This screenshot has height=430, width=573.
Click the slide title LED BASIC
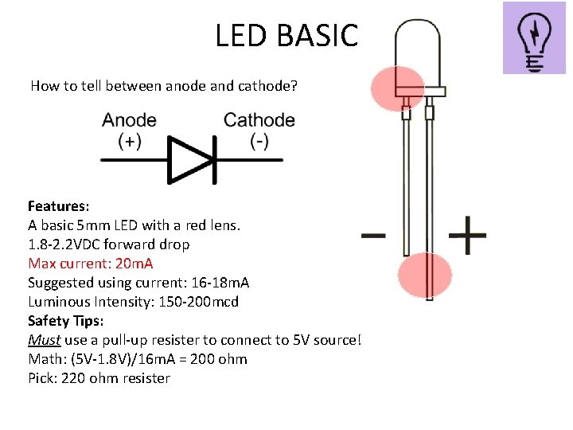pyautogui.click(x=286, y=35)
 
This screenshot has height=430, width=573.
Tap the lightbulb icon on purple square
pyautogui.click(x=533, y=38)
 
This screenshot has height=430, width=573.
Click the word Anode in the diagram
pyautogui.click(x=129, y=120)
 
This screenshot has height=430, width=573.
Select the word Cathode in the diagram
pyautogui.click(x=259, y=120)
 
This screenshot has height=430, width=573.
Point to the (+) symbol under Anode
pyautogui.click(x=130, y=141)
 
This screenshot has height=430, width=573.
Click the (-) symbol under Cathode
pyautogui.click(x=259, y=141)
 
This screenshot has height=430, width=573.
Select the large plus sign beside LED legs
pyautogui.click(x=467, y=236)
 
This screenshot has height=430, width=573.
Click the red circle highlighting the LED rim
pyautogui.click(x=398, y=87)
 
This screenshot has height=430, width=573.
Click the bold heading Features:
pyautogui.click(x=58, y=206)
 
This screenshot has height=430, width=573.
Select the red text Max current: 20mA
pyautogui.click(x=91, y=264)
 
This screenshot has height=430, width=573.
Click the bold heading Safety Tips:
pyautogui.click(x=65, y=321)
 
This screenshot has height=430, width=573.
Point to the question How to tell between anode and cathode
pyautogui.click(x=164, y=85)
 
